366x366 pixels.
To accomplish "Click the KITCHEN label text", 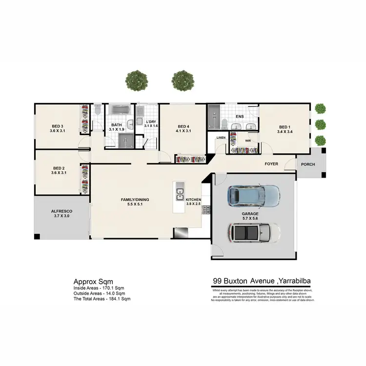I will coord(193,200).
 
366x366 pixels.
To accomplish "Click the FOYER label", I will coord(271,164).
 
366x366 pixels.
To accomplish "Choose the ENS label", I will coord(240,117).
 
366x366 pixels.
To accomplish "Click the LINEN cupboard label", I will coord(221,138).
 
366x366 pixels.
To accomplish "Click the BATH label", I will coord(116,125).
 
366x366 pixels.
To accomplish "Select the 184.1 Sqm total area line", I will coord(102,299).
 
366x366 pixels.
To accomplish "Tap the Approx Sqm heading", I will coord(93,282).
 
